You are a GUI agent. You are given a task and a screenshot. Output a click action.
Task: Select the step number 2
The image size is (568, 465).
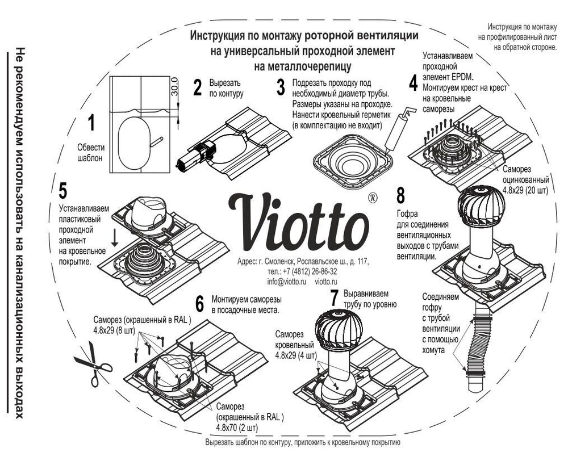pyautogui.click(x=197, y=87)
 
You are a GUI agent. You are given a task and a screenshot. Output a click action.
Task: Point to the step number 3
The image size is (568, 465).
pyautogui.click(x=280, y=87)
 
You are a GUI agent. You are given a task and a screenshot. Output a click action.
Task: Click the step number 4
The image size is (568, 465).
pyautogui.click(x=413, y=81)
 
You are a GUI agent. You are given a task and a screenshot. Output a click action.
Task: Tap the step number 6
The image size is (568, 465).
pyautogui.click(x=199, y=304)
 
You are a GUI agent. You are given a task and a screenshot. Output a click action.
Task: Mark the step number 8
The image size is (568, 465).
pyautogui.click(x=400, y=196)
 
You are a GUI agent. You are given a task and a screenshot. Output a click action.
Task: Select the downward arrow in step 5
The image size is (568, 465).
pyautogui.click(x=115, y=237)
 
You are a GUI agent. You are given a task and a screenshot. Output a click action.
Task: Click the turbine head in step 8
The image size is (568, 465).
pyautogui.click(x=482, y=207)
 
